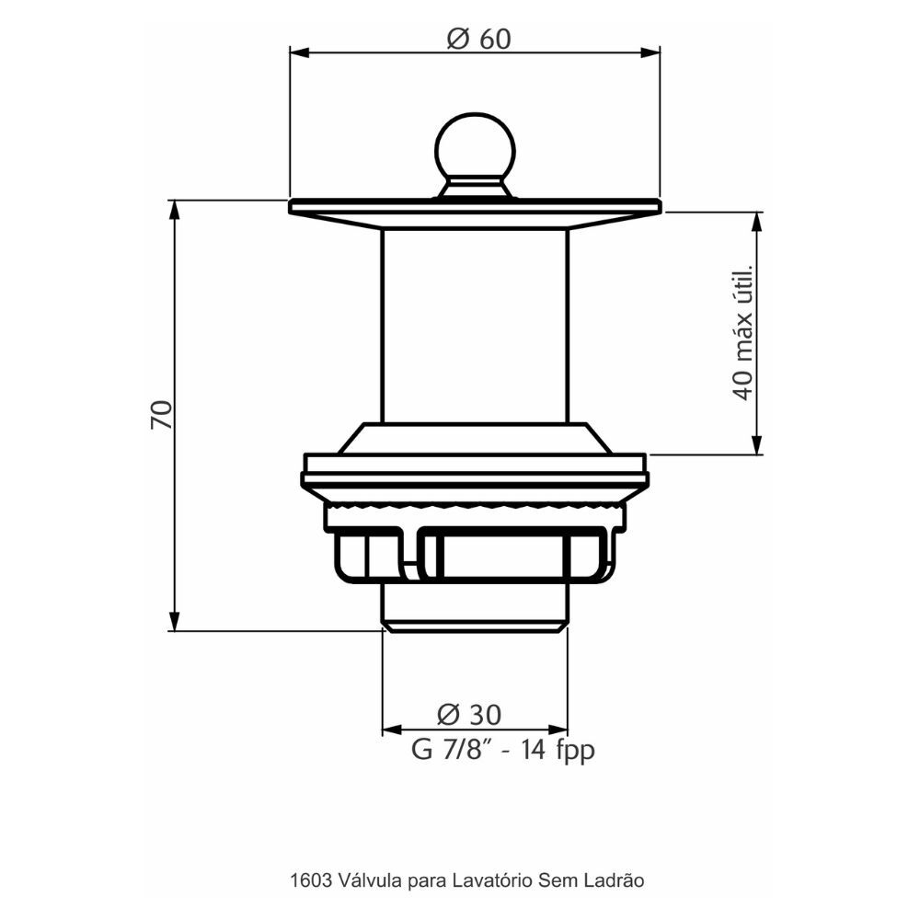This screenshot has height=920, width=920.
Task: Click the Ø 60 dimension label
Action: coord(478,40)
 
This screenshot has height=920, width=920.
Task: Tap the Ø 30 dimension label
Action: coord(469,714)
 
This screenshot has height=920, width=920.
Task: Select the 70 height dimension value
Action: coord(161,414)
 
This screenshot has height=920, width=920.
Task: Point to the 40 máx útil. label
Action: coord(742,333)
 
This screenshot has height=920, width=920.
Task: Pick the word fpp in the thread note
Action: coord(574,751)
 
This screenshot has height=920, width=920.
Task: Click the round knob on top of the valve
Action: coord(476,146)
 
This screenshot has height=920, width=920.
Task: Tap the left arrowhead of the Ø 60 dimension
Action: coord(299,52)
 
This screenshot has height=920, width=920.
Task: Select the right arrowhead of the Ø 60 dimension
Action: coord(650,52)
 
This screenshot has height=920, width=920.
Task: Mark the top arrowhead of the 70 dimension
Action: coord(174,210)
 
